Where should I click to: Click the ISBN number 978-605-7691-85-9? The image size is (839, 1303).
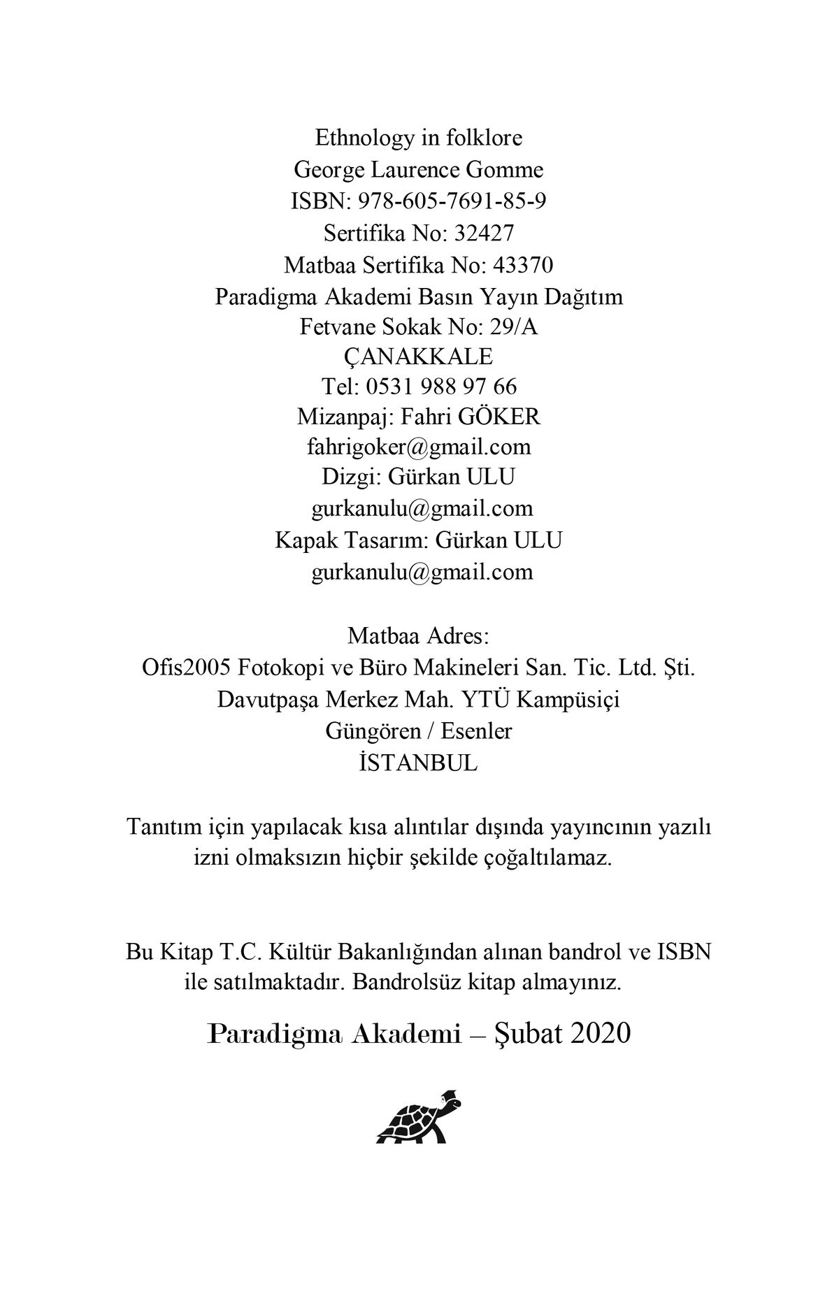tap(452, 201)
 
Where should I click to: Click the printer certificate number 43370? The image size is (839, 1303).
tap(523, 265)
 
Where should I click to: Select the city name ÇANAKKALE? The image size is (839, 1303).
tap(419, 357)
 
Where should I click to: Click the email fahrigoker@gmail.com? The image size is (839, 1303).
tap(419, 447)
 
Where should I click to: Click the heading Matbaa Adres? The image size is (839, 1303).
tap(419, 637)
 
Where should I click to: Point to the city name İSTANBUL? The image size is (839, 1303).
tap(418, 762)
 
